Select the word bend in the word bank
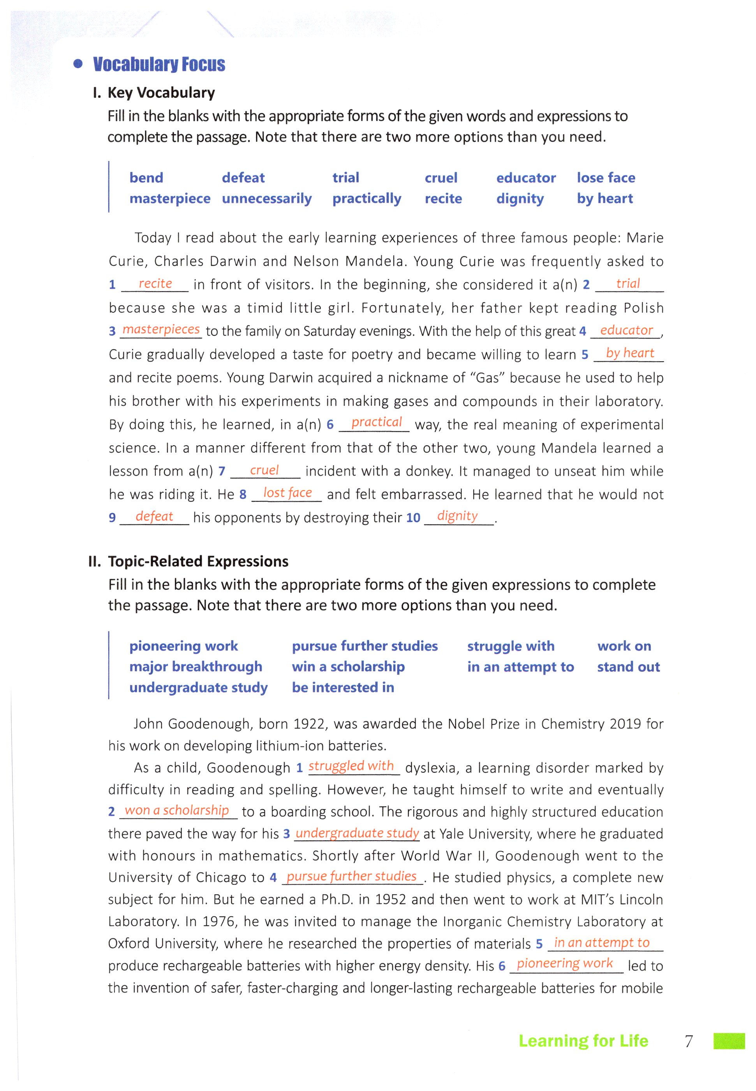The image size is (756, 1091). coord(146,178)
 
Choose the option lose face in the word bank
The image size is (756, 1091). coord(606,178)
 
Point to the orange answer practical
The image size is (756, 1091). coord(376,422)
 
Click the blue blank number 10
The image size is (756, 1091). coord(413,518)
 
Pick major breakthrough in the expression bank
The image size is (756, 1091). coord(196,667)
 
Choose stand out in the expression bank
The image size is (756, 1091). coord(628,667)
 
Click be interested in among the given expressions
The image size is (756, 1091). coord(343,687)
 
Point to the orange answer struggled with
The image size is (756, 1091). coord(351,766)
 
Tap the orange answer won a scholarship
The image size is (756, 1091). coord(177,810)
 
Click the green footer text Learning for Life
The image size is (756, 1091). coord(583,1041)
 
